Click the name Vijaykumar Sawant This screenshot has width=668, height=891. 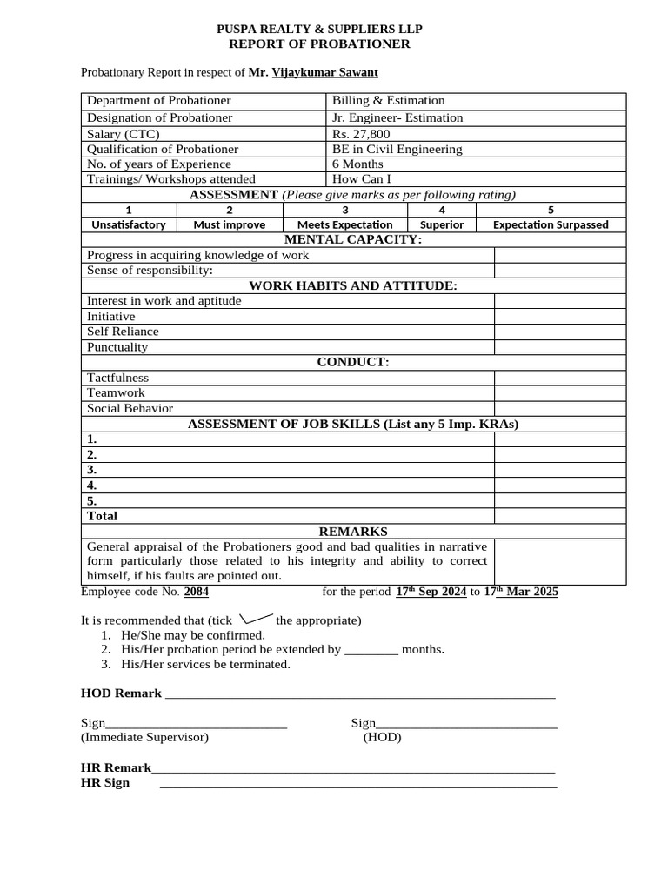point(324,73)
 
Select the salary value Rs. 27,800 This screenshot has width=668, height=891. point(361,134)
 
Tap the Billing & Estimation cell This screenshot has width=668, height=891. point(388,101)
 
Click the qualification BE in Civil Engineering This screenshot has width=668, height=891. point(397,149)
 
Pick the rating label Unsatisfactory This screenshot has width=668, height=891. point(129,224)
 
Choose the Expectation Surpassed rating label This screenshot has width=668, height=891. point(551,224)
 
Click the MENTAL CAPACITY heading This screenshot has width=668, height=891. point(353,239)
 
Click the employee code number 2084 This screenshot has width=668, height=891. point(196,592)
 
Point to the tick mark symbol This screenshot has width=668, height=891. point(255,619)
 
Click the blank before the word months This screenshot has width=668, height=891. point(371,650)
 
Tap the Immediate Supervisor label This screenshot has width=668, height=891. point(144,738)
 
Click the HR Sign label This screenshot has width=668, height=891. point(105,782)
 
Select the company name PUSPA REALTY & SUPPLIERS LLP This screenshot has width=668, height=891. point(319,30)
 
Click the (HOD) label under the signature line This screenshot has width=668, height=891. point(382,738)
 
